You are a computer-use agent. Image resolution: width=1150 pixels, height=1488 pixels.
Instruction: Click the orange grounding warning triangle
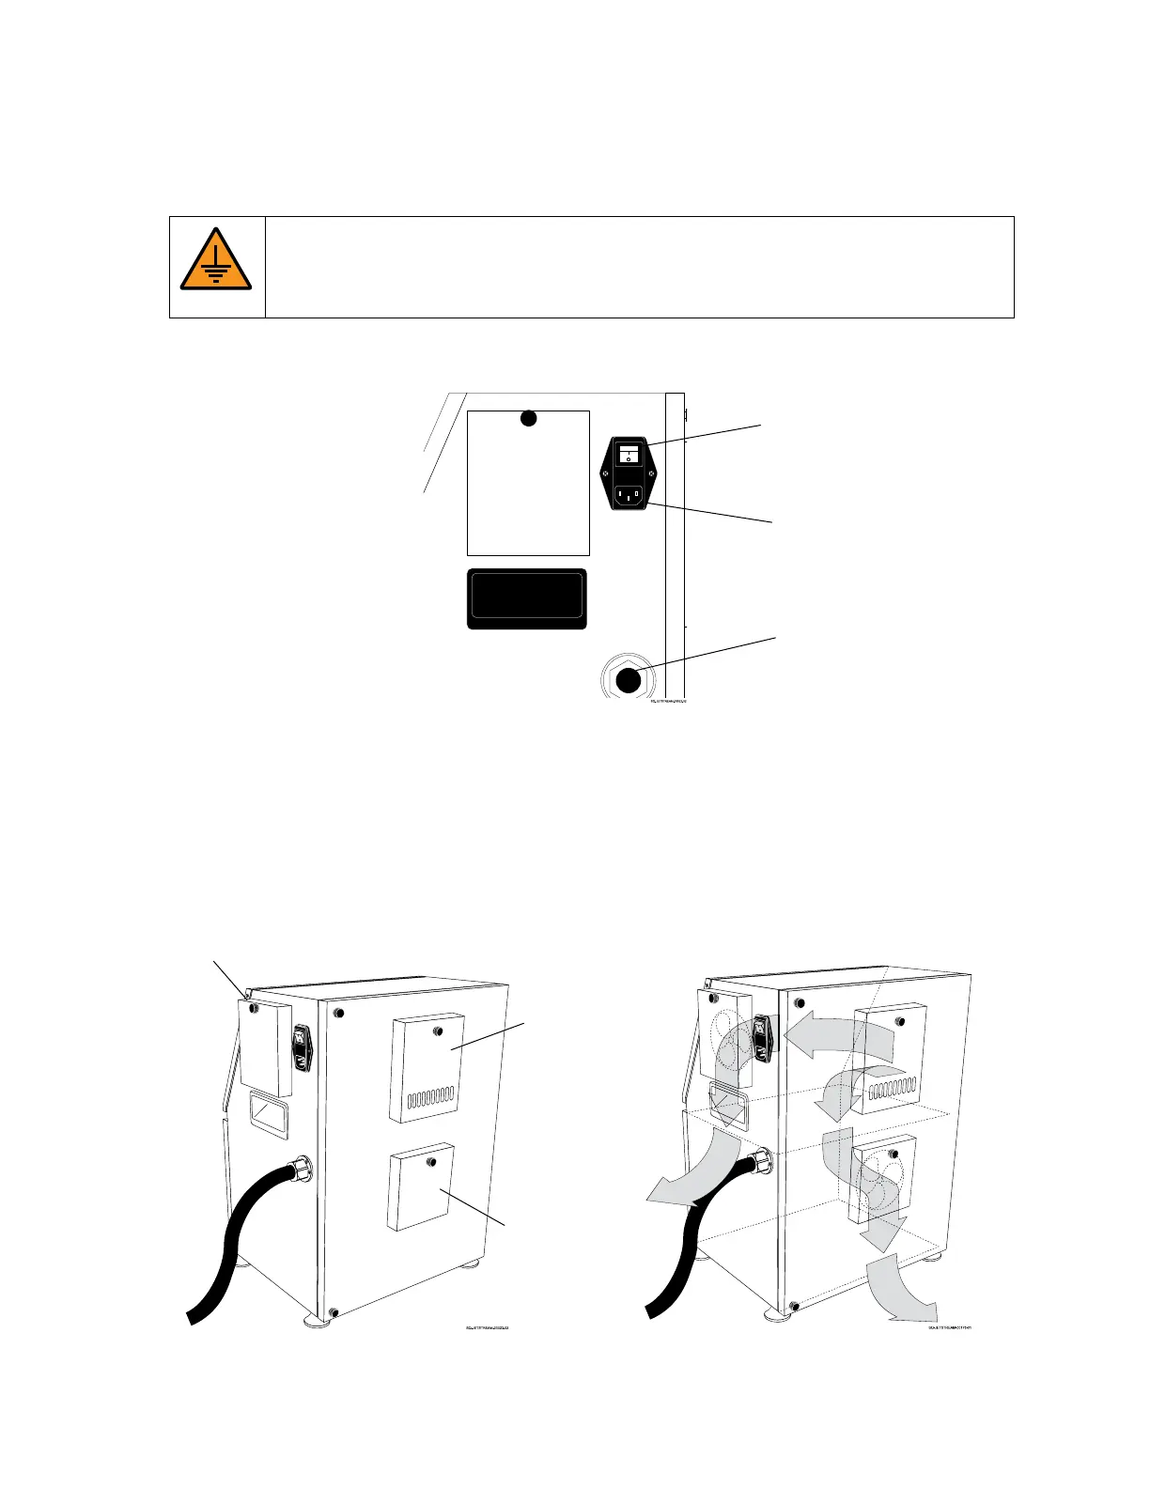click(x=216, y=260)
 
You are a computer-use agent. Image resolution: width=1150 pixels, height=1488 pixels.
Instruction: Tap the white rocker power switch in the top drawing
click(x=628, y=455)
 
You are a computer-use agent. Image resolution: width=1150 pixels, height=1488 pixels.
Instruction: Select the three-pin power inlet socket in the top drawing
click(x=628, y=496)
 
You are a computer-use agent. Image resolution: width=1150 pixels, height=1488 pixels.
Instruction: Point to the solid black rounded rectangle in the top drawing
click(x=527, y=598)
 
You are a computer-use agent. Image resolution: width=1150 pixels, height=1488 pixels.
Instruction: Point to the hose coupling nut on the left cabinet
click(x=303, y=1169)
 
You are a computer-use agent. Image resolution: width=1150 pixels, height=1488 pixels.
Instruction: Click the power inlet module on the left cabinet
click(x=302, y=1048)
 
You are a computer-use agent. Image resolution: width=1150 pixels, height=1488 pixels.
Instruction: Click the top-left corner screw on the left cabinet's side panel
click(x=339, y=1015)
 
